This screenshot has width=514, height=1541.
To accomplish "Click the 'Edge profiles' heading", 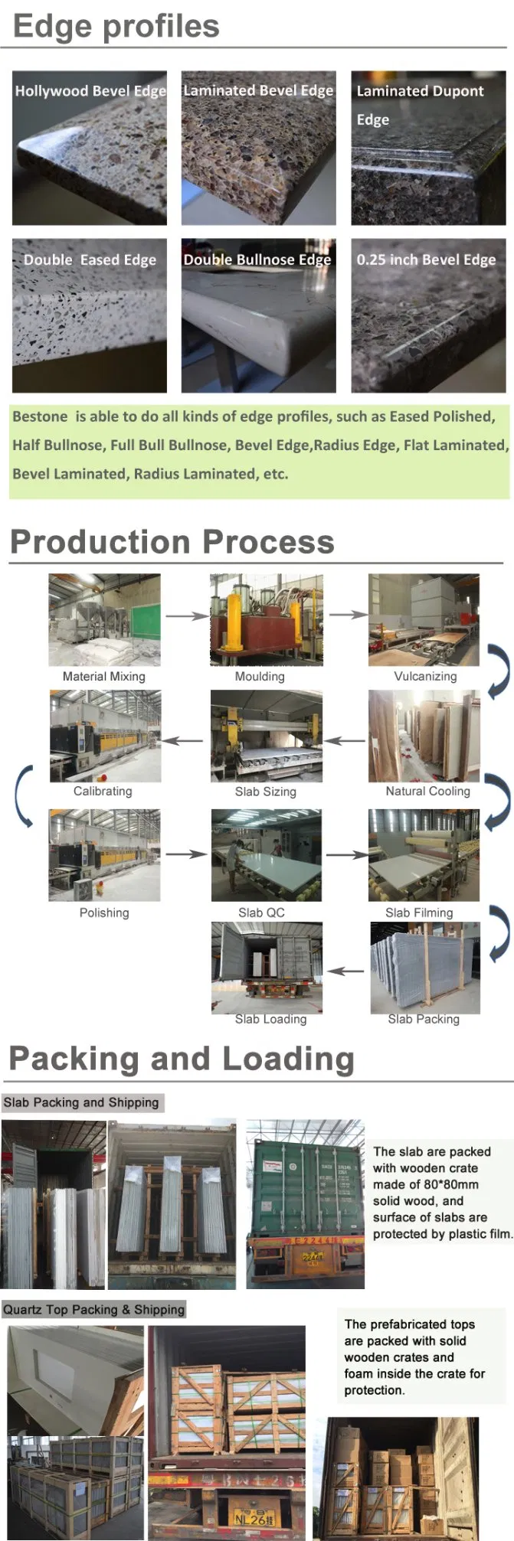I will (x=116, y=27).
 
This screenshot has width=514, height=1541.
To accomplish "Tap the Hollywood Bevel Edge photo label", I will (x=90, y=91).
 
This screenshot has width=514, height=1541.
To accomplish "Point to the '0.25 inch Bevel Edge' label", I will (x=426, y=260).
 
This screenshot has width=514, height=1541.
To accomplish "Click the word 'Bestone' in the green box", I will (x=40, y=416).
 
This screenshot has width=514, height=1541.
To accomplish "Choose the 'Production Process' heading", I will (x=172, y=542).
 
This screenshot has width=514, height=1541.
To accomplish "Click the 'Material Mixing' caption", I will (x=103, y=676).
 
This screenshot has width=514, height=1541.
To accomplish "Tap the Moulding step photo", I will (x=267, y=620).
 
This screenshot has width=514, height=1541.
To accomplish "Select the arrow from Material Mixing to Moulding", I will (x=186, y=615).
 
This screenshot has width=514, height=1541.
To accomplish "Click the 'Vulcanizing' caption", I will (x=425, y=676).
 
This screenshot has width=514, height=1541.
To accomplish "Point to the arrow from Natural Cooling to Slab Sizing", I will (x=344, y=740).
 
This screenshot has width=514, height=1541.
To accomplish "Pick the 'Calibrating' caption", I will (x=103, y=791).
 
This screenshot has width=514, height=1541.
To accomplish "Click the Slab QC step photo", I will (x=267, y=855).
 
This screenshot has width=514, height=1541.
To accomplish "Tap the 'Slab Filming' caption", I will (x=419, y=913).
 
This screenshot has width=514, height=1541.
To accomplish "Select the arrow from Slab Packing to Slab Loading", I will (x=346, y=971).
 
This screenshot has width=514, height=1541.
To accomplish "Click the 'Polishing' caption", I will (x=104, y=913).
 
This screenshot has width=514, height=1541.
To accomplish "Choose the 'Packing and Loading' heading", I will (x=182, y=1059).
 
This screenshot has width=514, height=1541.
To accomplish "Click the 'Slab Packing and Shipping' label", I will (x=81, y=1102).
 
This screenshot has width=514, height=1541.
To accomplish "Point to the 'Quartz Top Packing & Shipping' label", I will (x=93, y=1309).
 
